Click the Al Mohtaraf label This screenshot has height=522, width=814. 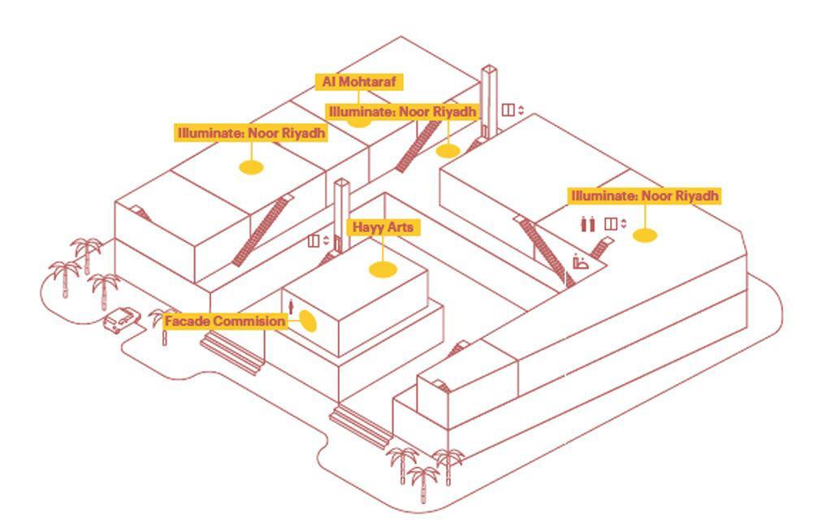(358, 82)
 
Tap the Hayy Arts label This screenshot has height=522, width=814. (382, 227)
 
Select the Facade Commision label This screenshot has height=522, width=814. (225, 321)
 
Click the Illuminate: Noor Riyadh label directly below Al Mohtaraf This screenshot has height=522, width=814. (402, 111)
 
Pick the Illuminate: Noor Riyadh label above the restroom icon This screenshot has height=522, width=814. (644, 196)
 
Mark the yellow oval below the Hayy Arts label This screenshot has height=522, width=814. (383, 270)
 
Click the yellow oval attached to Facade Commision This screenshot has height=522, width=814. (307, 321)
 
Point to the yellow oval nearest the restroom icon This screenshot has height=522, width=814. (644, 235)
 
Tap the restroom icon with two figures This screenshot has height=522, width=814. (588, 224)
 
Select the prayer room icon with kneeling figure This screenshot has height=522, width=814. (580, 261)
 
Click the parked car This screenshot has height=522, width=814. (121, 319)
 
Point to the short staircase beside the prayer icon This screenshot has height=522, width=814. (603, 248)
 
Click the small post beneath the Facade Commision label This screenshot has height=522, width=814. (164, 338)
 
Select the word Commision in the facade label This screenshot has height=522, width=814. (249, 321)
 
